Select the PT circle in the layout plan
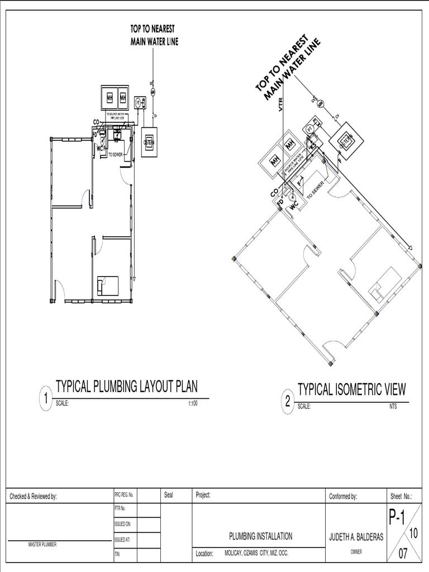[137, 103]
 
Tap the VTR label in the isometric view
[282, 106]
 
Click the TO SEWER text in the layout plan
[115, 154]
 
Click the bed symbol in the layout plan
[104, 285]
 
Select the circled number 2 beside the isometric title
[288, 401]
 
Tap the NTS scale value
[394, 407]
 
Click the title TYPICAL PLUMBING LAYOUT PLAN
[126, 387]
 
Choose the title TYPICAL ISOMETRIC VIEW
[351, 389]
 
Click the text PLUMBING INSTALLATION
[260, 536]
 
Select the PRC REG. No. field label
[124, 495]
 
